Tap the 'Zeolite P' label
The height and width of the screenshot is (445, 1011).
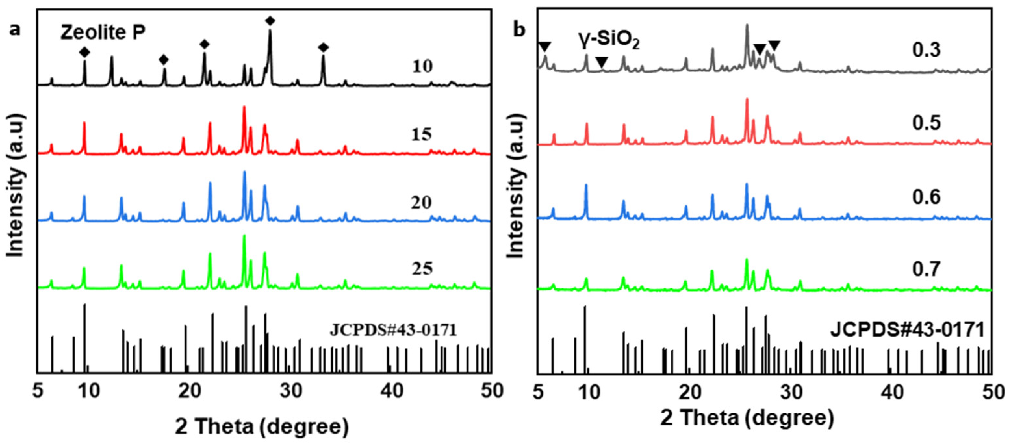[103, 32]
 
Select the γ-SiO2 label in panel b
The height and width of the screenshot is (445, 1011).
[608, 41]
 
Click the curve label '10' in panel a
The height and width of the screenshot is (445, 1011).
[422, 66]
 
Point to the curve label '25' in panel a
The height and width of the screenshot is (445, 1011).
[422, 269]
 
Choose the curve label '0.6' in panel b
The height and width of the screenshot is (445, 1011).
[926, 197]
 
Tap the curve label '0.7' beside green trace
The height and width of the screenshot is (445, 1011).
[926, 269]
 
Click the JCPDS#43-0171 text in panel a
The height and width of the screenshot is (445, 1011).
[393, 330]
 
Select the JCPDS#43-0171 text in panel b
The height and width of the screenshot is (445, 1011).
[907, 330]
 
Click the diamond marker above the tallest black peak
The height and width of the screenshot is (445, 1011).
[270, 21]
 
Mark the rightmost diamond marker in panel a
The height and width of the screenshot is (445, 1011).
[323, 48]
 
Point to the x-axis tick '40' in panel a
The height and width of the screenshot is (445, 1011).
[392, 391]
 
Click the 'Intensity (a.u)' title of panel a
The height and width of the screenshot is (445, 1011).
[16, 185]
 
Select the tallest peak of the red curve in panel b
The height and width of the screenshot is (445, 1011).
[747, 100]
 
